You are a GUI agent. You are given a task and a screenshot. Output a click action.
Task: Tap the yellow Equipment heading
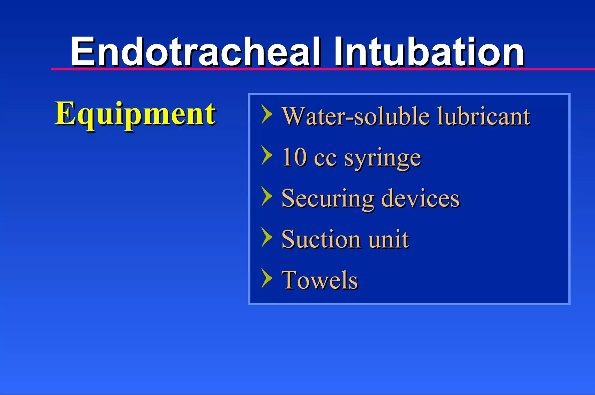click(x=135, y=114)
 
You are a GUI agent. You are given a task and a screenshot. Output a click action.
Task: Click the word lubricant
click(x=483, y=116)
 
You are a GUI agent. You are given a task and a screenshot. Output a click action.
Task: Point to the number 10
click(x=294, y=157)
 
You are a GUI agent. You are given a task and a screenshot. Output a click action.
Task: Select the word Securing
click(x=328, y=199)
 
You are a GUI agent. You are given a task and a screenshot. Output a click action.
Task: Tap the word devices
click(x=420, y=198)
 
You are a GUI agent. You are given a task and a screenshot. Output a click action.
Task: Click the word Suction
click(x=321, y=239)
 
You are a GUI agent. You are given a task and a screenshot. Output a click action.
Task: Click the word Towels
click(x=320, y=280)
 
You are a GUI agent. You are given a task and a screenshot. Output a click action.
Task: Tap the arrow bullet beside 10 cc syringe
click(x=267, y=155)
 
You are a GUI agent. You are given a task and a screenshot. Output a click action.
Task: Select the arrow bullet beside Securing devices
click(x=267, y=196)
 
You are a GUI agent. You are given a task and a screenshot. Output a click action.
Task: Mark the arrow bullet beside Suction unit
click(x=267, y=237)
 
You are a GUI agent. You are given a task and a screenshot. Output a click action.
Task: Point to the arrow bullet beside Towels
click(x=267, y=278)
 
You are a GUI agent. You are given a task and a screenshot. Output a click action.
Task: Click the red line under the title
click(x=320, y=69)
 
